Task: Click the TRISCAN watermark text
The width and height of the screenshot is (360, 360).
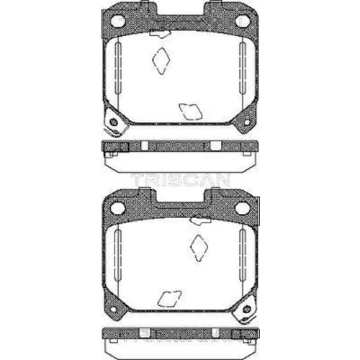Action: (181, 180)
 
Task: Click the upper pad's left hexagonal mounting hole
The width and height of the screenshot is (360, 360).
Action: (118, 21)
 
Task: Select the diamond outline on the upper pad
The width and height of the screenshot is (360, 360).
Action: (161, 60)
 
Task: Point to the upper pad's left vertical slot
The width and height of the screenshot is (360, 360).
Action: (118, 68)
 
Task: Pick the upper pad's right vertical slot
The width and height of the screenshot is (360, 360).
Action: (243, 68)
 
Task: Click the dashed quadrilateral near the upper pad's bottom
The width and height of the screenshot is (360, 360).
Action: (191, 112)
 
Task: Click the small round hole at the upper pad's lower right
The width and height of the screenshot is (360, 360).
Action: (247, 122)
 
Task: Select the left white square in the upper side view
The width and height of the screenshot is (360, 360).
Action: (145, 146)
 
